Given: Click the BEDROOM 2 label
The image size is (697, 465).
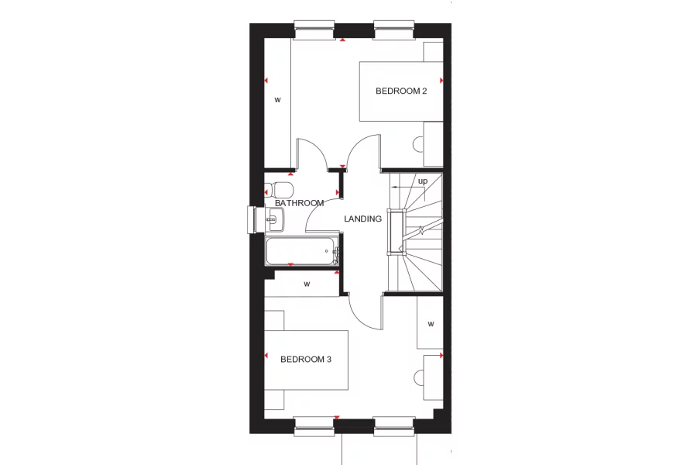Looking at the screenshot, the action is tap(401, 91).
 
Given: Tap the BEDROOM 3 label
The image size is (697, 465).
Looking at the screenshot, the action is tap(306, 360).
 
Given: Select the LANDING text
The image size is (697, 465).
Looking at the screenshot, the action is tap(362, 219).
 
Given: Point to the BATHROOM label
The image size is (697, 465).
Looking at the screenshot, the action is tap(299, 203).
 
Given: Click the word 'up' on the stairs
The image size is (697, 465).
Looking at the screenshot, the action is tap(423, 181).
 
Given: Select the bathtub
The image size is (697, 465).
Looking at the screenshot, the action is tap(302, 251).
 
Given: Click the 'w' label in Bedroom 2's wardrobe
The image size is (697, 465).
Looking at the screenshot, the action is tap(277, 100).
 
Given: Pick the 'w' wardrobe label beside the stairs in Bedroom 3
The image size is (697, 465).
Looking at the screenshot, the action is tap(431, 325).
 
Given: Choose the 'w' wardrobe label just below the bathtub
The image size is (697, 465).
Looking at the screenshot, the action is tap(307, 284).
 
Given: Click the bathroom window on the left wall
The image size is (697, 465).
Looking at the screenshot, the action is tap(252, 220).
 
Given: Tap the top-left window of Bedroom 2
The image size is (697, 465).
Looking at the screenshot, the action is tap(314, 29).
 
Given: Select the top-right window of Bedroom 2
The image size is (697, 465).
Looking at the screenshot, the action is tap(394, 29).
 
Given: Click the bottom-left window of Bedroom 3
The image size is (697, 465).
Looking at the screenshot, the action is tap(314, 425).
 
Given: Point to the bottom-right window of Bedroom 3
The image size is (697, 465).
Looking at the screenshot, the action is tap(394, 425).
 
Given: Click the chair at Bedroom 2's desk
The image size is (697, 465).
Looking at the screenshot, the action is tap(418, 145).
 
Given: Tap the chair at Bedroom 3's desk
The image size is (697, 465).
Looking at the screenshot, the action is tap(418, 377).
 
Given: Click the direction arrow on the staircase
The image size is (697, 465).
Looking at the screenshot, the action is tap(408, 188).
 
